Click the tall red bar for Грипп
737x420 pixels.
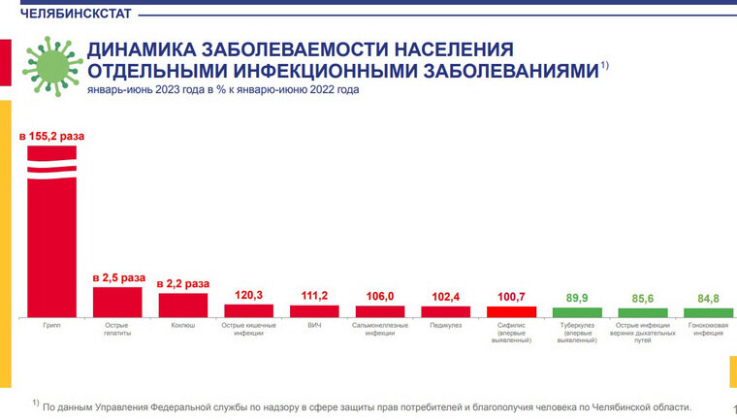click(51, 242)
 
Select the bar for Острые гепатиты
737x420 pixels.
click(117, 302)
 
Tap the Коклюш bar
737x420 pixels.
click(183, 305)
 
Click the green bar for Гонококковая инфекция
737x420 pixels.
click(708, 312)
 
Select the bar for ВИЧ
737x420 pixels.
click(314, 311)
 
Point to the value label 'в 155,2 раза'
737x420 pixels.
click(52, 137)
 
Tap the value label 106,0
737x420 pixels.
click(380, 296)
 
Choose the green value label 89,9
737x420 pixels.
click(577, 298)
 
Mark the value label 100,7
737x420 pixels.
click(511, 296)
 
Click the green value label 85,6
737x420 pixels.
click(643, 298)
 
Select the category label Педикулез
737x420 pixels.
click(446, 325)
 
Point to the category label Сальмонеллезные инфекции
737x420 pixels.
click(380, 329)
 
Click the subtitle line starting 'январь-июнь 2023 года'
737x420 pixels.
click(223, 90)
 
